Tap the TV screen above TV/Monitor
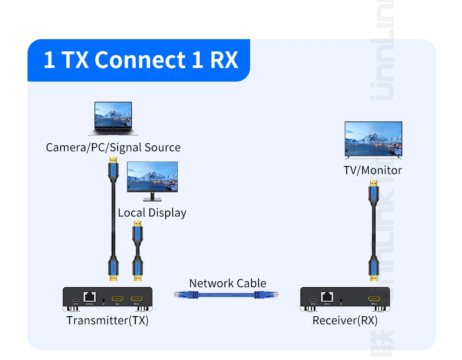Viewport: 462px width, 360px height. (x=373, y=138)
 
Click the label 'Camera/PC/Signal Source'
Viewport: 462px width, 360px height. (x=113, y=148)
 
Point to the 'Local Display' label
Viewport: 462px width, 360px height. (x=152, y=213)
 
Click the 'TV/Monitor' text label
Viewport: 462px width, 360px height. (x=373, y=170)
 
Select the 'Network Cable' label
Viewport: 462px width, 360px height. (x=228, y=283)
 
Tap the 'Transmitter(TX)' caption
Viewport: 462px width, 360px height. (x=107, y=320)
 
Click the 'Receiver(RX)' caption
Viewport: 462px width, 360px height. (x=345, y=320)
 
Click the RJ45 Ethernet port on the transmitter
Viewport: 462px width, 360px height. (x=89, y=297)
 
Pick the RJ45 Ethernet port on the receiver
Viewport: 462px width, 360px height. (x=327, y=297)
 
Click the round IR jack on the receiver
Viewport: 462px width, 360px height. (x=342, y=298)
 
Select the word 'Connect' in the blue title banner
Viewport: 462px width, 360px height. (x=140, y=60)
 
